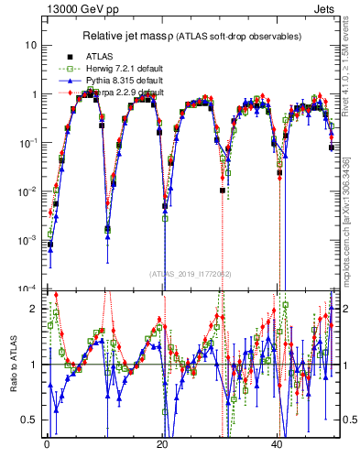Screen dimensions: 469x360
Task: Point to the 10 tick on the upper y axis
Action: [x=31, y=45]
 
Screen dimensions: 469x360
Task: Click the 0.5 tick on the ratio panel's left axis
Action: [x=29, y=420]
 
